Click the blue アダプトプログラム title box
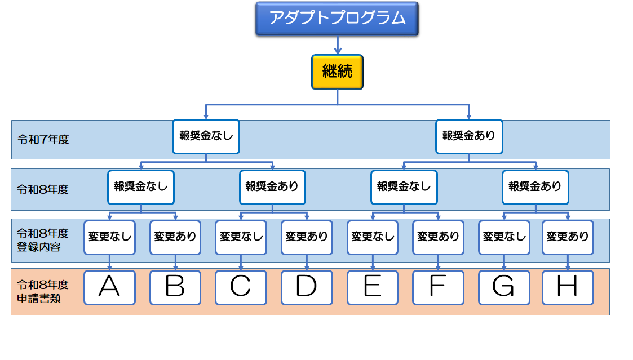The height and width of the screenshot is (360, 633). point(337,19)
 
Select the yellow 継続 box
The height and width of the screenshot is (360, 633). point(337,72)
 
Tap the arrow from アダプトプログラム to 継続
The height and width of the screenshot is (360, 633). point(337,46)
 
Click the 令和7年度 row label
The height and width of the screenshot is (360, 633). point(43,139)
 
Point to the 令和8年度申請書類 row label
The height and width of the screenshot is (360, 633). point(42,292)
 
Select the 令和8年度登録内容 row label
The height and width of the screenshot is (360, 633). point(42,240)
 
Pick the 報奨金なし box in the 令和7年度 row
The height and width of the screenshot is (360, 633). point(206,136)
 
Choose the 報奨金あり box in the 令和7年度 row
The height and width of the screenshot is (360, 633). point(469,136)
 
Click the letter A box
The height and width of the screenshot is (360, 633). point(109,287)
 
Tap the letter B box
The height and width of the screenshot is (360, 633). point(175,287)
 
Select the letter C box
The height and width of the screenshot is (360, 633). point(241,287)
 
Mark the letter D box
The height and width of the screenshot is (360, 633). point(307,287)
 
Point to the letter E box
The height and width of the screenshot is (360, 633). point(373,287)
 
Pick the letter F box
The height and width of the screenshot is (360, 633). point(438,287)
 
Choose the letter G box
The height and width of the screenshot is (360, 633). point(503,287)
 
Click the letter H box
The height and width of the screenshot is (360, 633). point(568,287)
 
